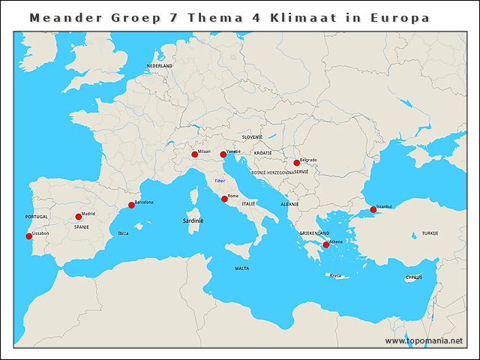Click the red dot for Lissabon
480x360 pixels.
point(29,236)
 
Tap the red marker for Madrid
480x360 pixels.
point(79,217)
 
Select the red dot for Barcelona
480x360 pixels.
point(131,205)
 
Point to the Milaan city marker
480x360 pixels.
point(194,154)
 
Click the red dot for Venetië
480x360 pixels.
point(223,154)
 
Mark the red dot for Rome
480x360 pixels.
point(224,199)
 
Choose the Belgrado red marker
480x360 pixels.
point(296,163)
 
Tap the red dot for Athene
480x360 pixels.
point(325,244)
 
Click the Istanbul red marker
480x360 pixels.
point(373,209)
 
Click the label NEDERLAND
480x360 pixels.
point(160,66)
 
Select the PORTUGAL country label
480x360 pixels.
point(36,217)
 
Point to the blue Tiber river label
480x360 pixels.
point(220,181)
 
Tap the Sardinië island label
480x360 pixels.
point(194,221)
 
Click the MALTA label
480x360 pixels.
point(241,268)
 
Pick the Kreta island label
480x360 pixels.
point(335,275)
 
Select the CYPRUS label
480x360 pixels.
point(414,277)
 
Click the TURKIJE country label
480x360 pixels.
point(430,233)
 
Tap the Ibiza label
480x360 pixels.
point(123,233)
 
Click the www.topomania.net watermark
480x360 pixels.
point(424,340)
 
